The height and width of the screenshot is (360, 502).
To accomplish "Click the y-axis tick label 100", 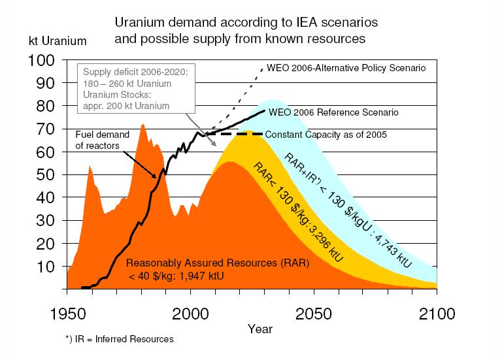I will tap(44, 61).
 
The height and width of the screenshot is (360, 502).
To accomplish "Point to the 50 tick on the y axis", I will tap(48, 175).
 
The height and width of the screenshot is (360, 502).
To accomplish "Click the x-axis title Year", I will tap(261, 328).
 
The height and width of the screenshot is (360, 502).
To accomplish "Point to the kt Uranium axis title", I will tap(58, 41).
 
